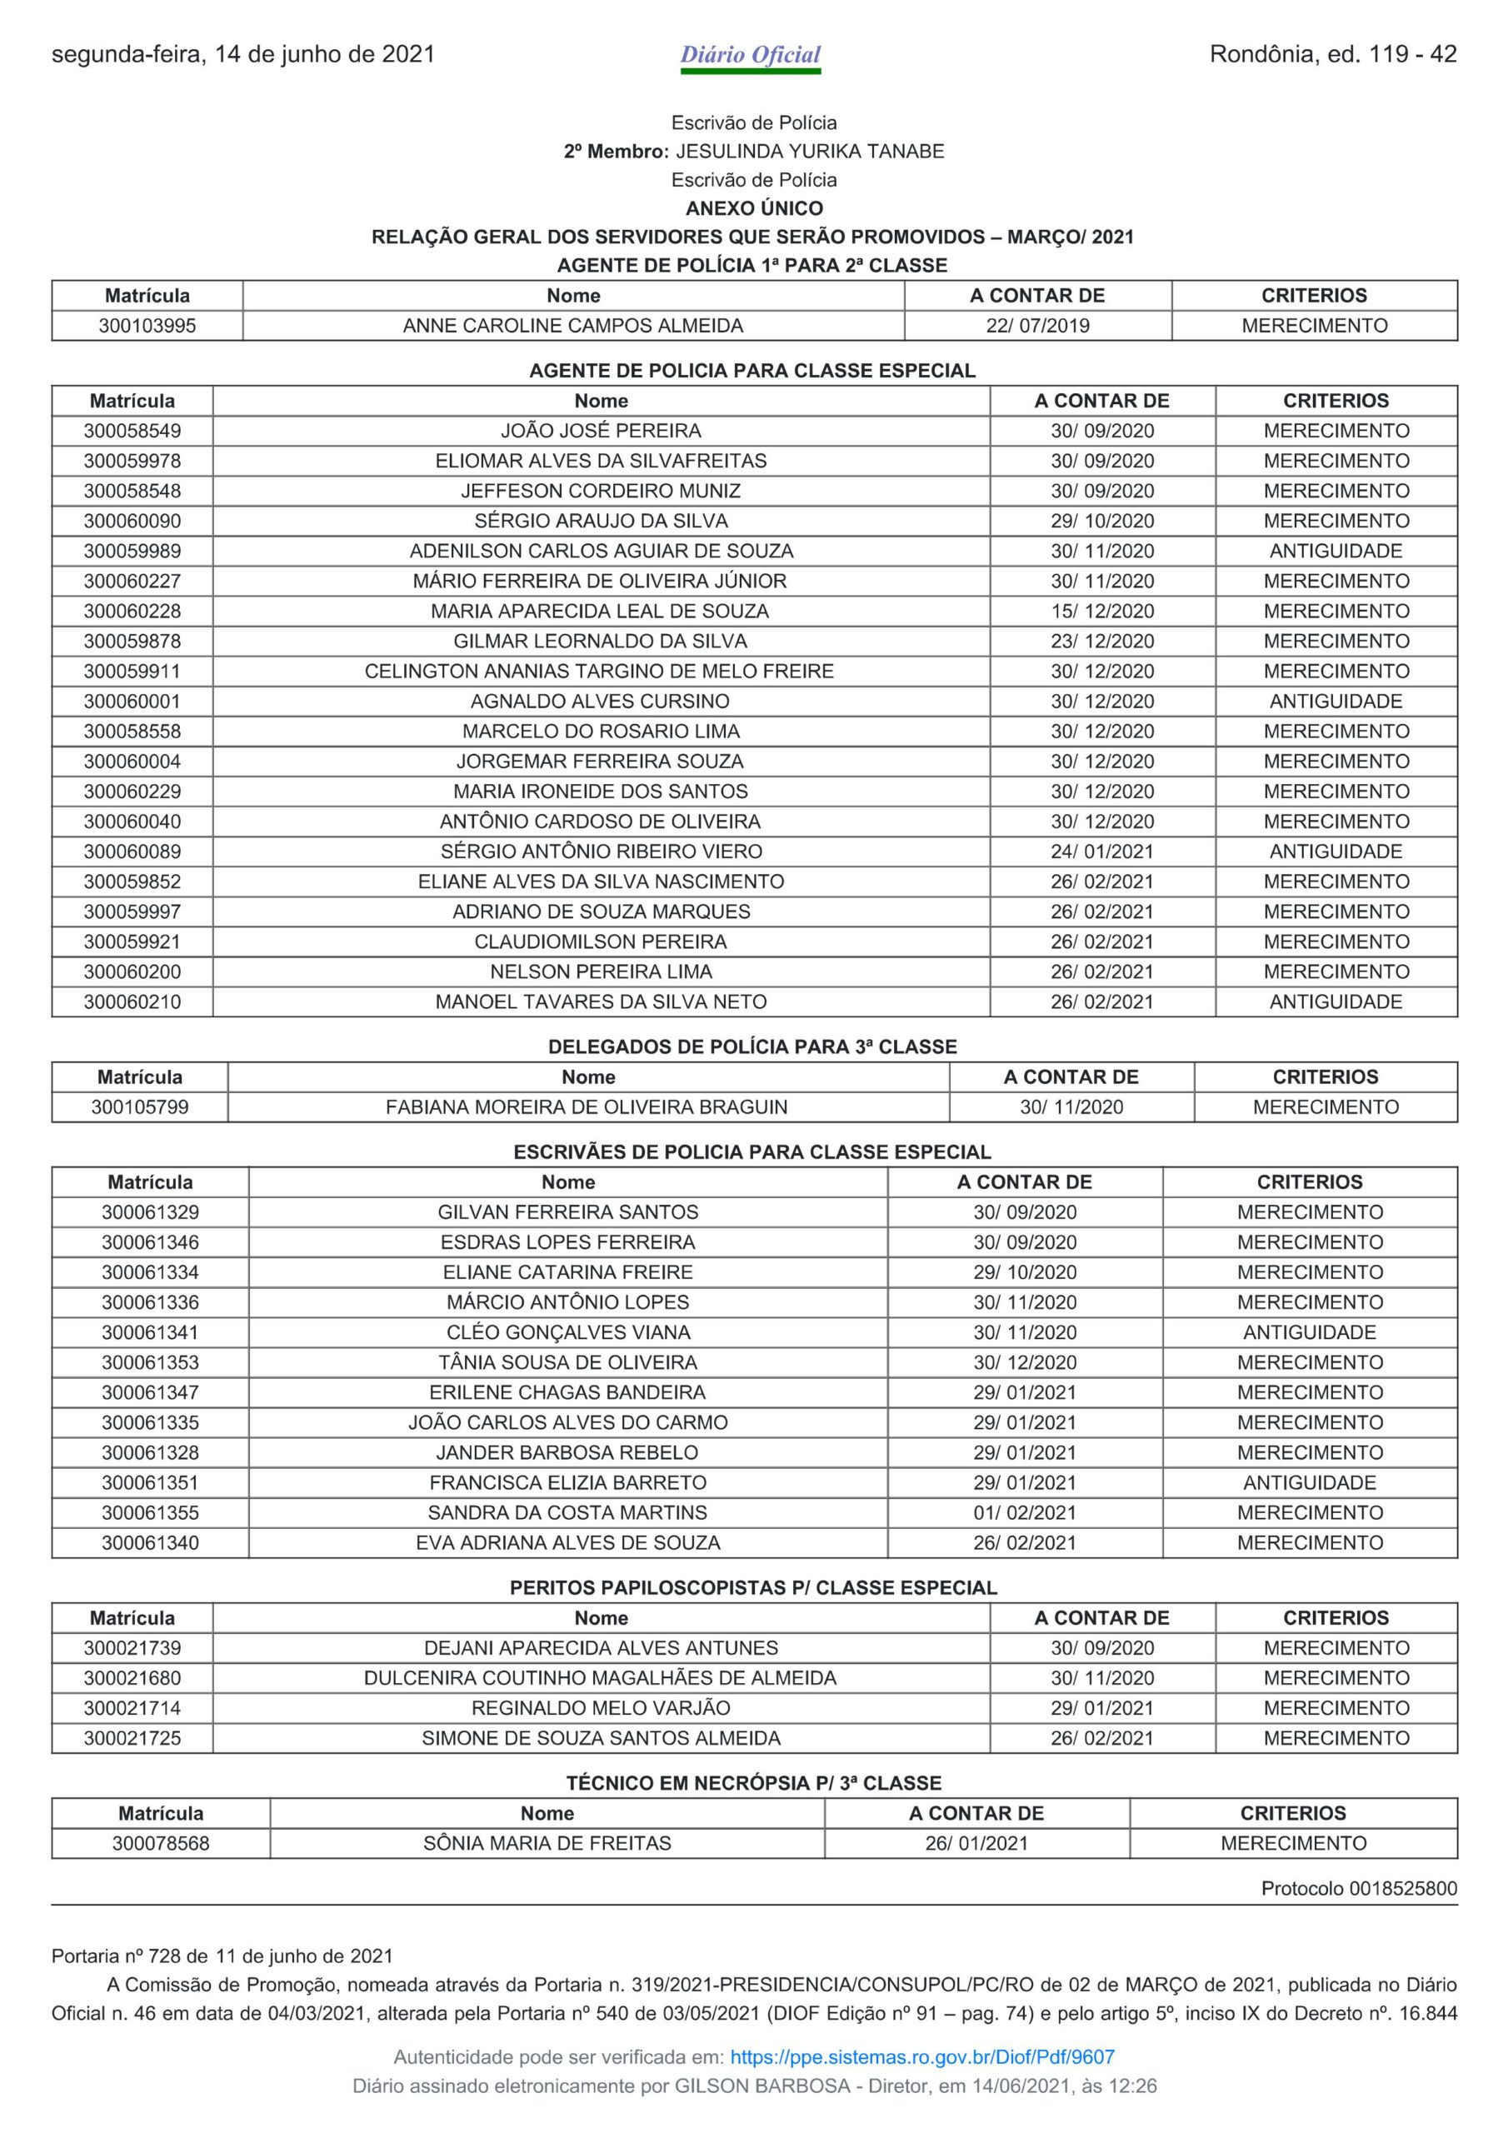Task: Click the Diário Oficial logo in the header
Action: pos(751,56)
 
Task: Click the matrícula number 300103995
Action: pos(147,326)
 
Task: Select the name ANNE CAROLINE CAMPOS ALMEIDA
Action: pos(572,326)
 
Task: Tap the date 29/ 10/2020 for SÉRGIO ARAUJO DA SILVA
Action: pos(1102,522)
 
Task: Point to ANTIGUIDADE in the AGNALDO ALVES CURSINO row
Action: pos(1336,702)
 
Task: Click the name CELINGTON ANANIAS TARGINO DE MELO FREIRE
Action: pos(599,672)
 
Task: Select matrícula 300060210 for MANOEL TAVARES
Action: pos(132,1002)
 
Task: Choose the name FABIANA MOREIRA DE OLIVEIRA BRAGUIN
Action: pos(587,1107)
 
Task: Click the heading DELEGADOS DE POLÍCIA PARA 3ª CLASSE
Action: pos(752,1047)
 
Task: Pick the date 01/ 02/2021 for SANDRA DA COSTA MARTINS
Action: pos(1024,1513)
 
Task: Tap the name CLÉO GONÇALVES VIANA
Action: pos(567,1333)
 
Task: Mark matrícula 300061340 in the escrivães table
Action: pos(150,1543)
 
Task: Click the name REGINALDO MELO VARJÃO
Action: pos(600,1708)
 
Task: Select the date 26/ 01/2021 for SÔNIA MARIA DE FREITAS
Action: pos(976,1843)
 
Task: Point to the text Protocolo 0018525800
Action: pos(1358,1889)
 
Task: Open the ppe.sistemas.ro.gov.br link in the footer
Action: pos(921,2057)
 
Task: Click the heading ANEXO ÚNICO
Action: pos(753,208)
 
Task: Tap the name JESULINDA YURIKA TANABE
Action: pos(808,152)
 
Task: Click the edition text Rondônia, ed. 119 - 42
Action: pos(1332,55)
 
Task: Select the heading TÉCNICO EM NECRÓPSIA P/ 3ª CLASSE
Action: pos(753,1783)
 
